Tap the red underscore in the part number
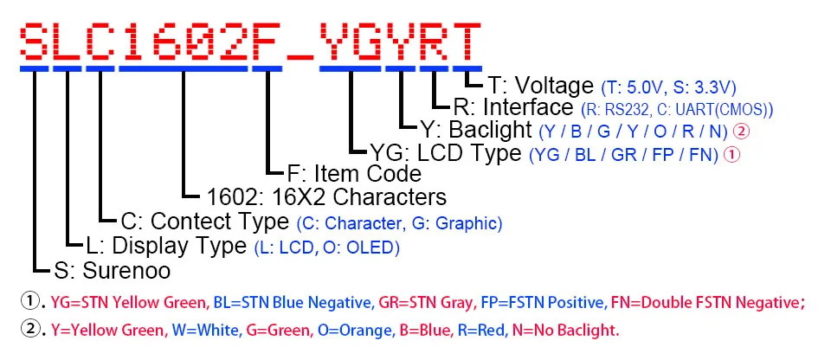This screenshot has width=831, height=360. point(301,54)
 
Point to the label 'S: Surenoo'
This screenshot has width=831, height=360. point(112,271)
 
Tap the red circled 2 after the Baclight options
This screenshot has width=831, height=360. point(740,132)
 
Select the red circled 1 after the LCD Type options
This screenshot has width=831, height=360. point(731,155)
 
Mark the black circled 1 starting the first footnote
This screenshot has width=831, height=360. point(29,302)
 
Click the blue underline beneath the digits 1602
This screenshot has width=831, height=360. point(184,67)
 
